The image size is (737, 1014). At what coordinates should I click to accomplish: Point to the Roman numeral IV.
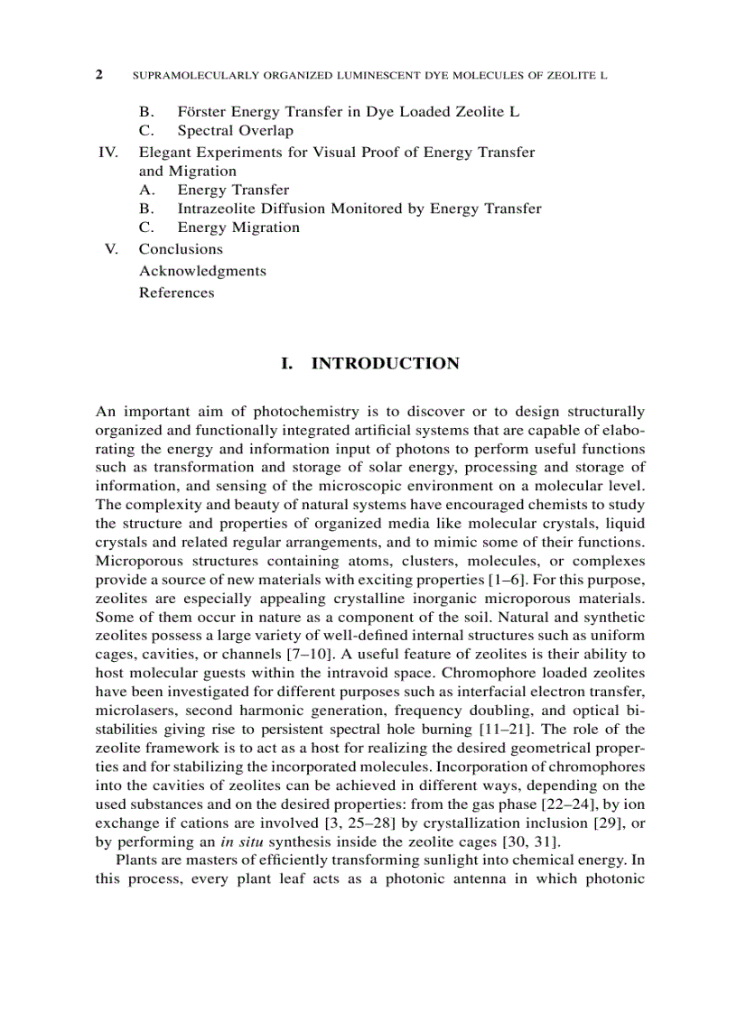[x=108, y=152]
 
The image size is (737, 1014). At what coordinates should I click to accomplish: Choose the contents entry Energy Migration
[x=238, y=228]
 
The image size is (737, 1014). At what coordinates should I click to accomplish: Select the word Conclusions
[x=181, y=249]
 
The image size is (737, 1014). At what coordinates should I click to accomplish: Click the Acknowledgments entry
[x=202, y=271]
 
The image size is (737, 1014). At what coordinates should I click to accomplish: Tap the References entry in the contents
[x=176, y=293]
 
